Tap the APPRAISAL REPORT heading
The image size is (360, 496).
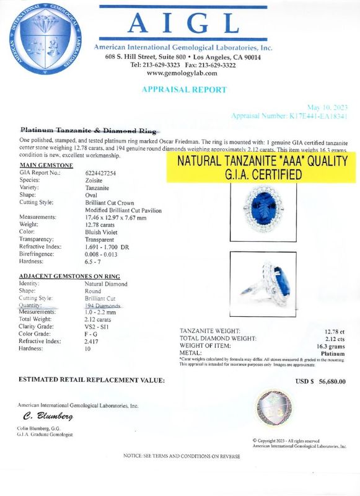tap(184, 89)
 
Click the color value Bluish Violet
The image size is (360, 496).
tap(102, 232)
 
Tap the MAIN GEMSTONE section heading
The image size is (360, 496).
tap(47, 165)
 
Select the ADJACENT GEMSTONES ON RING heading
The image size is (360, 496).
tap(69, 276)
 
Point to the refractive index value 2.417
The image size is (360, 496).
tap(92, 341)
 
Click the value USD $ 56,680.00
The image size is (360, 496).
tap(320, 381)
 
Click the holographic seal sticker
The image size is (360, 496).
tap(273, 409)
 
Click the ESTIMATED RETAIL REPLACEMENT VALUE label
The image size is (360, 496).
tap(92, 379)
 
